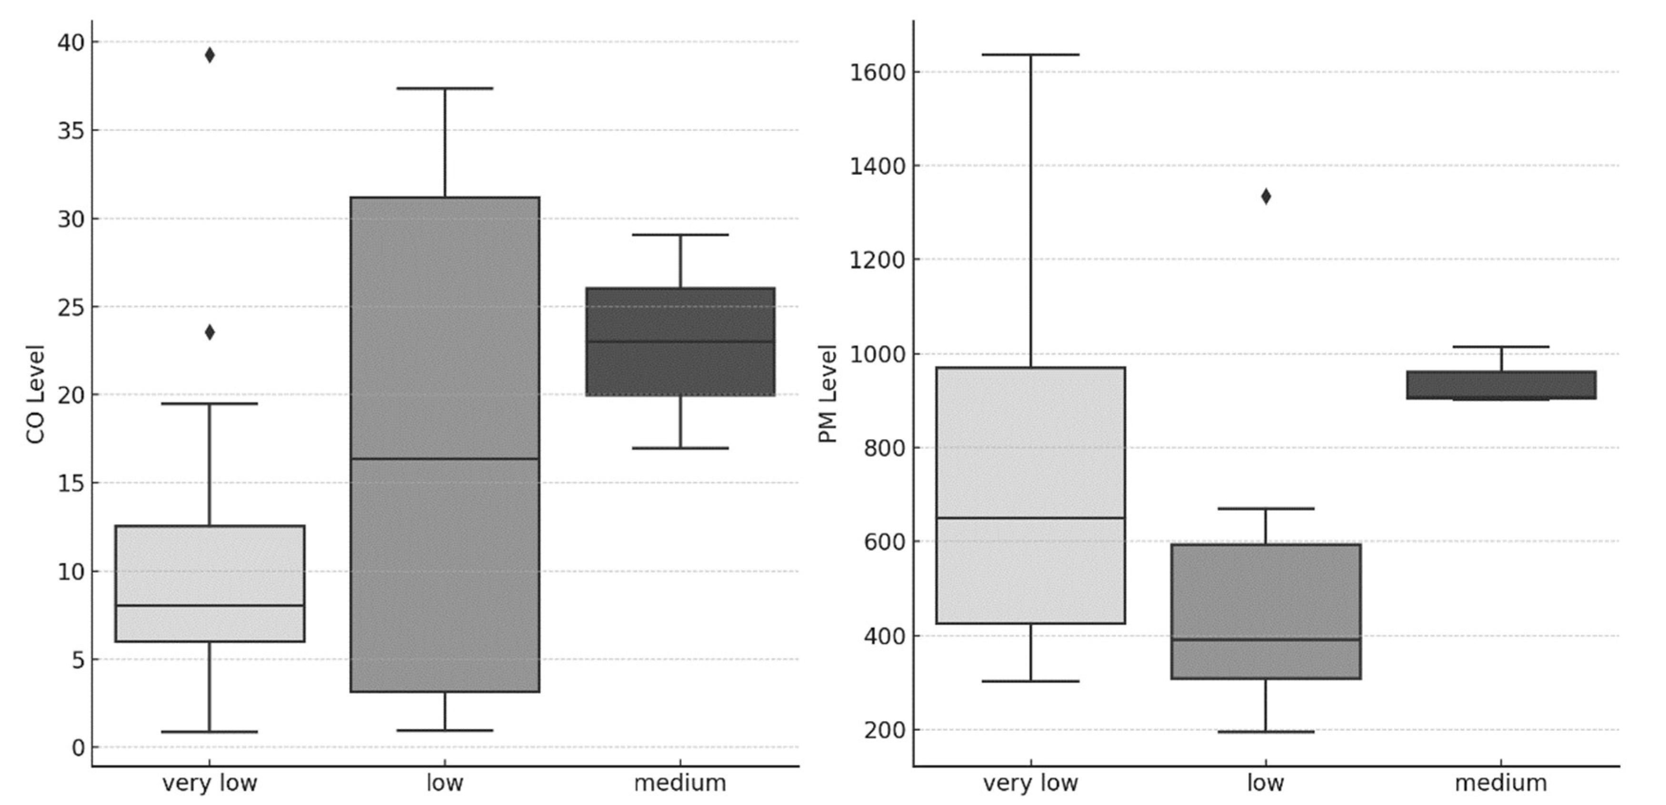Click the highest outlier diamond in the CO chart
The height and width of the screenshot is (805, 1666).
[x=209, y=55]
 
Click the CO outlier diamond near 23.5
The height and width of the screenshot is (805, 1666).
[x=209, y=332]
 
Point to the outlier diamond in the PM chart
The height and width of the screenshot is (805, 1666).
[x=1266, y=197]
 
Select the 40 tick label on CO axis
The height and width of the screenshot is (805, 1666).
[x=71, y=43]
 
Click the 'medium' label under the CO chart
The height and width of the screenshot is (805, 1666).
[x=680, y=783]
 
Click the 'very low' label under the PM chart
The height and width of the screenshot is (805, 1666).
[x=1030, y=783]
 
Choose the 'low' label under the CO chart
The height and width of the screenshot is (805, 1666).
[x=445, y=783]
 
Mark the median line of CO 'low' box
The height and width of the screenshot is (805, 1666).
[x=445, y=458]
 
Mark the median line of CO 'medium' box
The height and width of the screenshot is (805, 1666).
[x=680, y=341]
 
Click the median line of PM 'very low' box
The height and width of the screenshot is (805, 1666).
[x=1031, y=518]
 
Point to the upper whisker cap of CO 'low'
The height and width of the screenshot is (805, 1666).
[x=445, y=88]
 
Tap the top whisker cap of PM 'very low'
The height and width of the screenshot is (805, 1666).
[x=1031, y=55]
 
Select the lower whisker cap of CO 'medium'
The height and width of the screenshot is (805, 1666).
[x=680, y=448]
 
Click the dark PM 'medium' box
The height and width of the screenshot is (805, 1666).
[x=1501, y=384]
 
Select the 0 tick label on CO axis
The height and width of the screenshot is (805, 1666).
[x=78, y=748]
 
